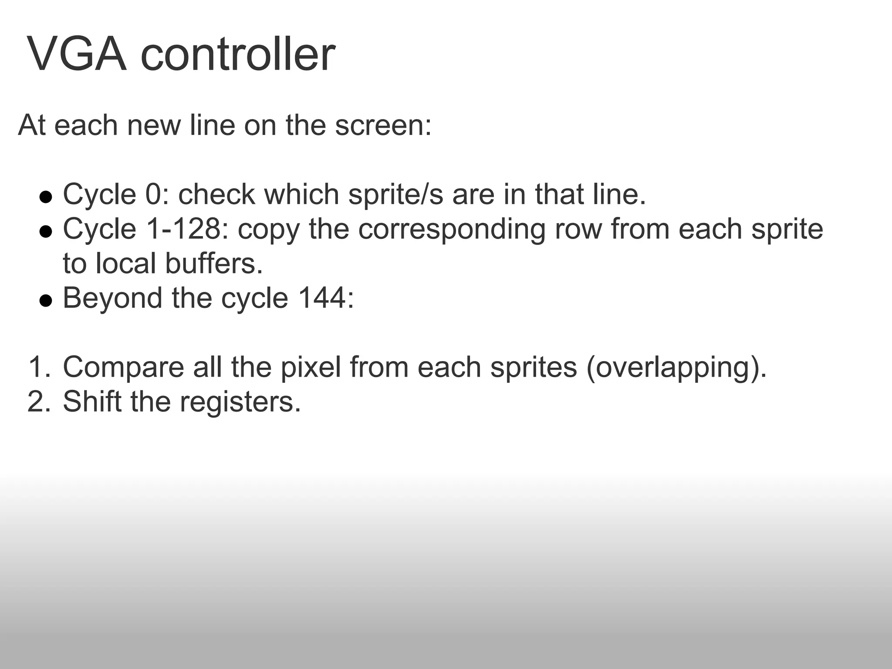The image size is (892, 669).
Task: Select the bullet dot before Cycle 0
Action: (45, 197)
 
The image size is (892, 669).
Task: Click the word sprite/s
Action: (396, 194)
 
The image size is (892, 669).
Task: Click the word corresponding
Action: (452, 230)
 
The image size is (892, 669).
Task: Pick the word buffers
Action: (214, 264)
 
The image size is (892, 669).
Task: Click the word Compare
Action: (124, 367)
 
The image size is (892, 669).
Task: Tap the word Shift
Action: (92, 401)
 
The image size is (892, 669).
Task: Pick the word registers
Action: (240, 402)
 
